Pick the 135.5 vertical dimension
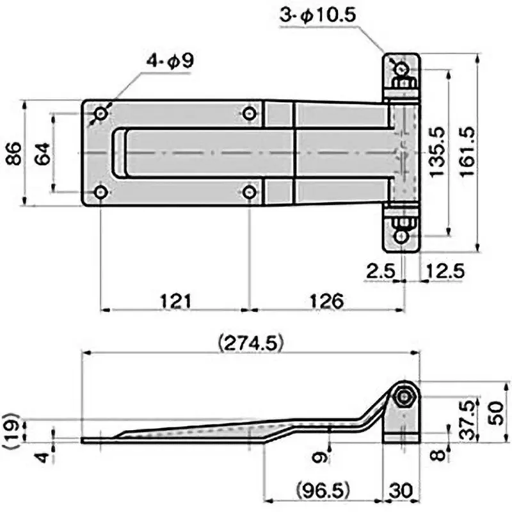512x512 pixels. coord(438,152)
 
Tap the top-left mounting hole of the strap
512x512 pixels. coord(101,114)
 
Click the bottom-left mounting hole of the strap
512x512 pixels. coord(101,192)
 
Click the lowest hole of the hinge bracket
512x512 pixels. coord(401,236)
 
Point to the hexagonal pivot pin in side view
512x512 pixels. coord(404,397)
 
